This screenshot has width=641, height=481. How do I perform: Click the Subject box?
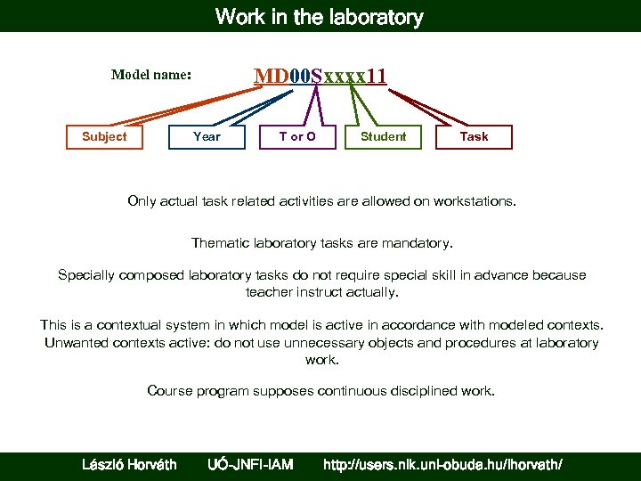coord(104,136)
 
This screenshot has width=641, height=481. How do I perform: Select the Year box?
coord(207,136)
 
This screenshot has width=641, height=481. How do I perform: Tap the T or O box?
coord(297,136)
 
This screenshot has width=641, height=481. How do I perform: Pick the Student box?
coord(383,136)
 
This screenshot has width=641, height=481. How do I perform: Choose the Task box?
coord(474,136)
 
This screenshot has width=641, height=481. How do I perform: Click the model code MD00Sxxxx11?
coord(320,76)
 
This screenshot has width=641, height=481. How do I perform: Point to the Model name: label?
coord(151,76)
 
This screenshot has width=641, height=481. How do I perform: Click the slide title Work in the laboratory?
coord(320,16)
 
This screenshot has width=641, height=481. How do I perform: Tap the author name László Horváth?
coord(129,464)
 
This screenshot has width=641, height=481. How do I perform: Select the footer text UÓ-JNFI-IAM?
coord(250,464)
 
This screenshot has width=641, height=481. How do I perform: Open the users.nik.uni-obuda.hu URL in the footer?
coord(442,464)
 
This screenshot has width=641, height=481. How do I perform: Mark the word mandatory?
coord(421,242)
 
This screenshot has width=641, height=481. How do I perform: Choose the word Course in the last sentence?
coord(168,391)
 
